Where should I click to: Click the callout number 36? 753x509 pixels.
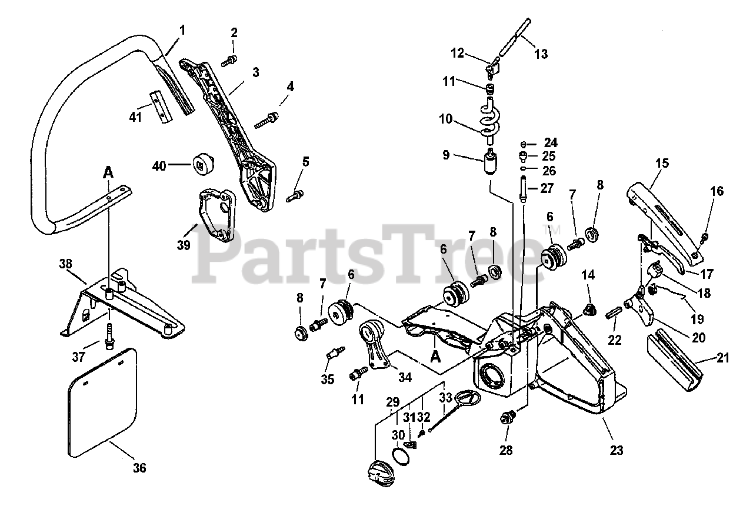click(139, 468)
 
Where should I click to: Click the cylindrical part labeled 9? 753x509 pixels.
click(489, 163)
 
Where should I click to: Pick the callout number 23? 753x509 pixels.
click(616, 451)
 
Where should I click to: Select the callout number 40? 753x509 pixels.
click(159, 166)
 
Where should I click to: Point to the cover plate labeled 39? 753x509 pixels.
click(216, 214)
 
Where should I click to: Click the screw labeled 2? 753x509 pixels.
click(229, 59)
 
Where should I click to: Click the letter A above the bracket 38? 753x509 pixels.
click(108, 172)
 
